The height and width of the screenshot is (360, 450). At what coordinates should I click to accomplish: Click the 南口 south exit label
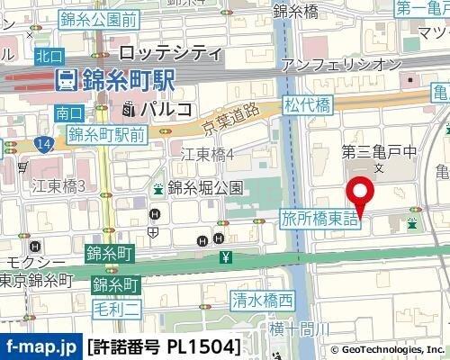[x=68, y=113]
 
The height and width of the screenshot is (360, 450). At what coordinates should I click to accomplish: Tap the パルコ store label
[x=166, y=110]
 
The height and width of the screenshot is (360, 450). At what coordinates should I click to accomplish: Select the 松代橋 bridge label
[x=307, y=105]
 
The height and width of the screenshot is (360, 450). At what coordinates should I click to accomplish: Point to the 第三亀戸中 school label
[x=378, y=151]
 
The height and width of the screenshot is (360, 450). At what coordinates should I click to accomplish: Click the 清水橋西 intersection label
[x=262, y=300]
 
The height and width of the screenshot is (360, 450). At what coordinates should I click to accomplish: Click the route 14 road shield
[x=44, y=143]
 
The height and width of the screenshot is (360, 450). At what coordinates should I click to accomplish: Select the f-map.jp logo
[x=40, y=346]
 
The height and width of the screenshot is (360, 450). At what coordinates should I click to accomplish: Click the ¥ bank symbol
[x=225, y=259]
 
